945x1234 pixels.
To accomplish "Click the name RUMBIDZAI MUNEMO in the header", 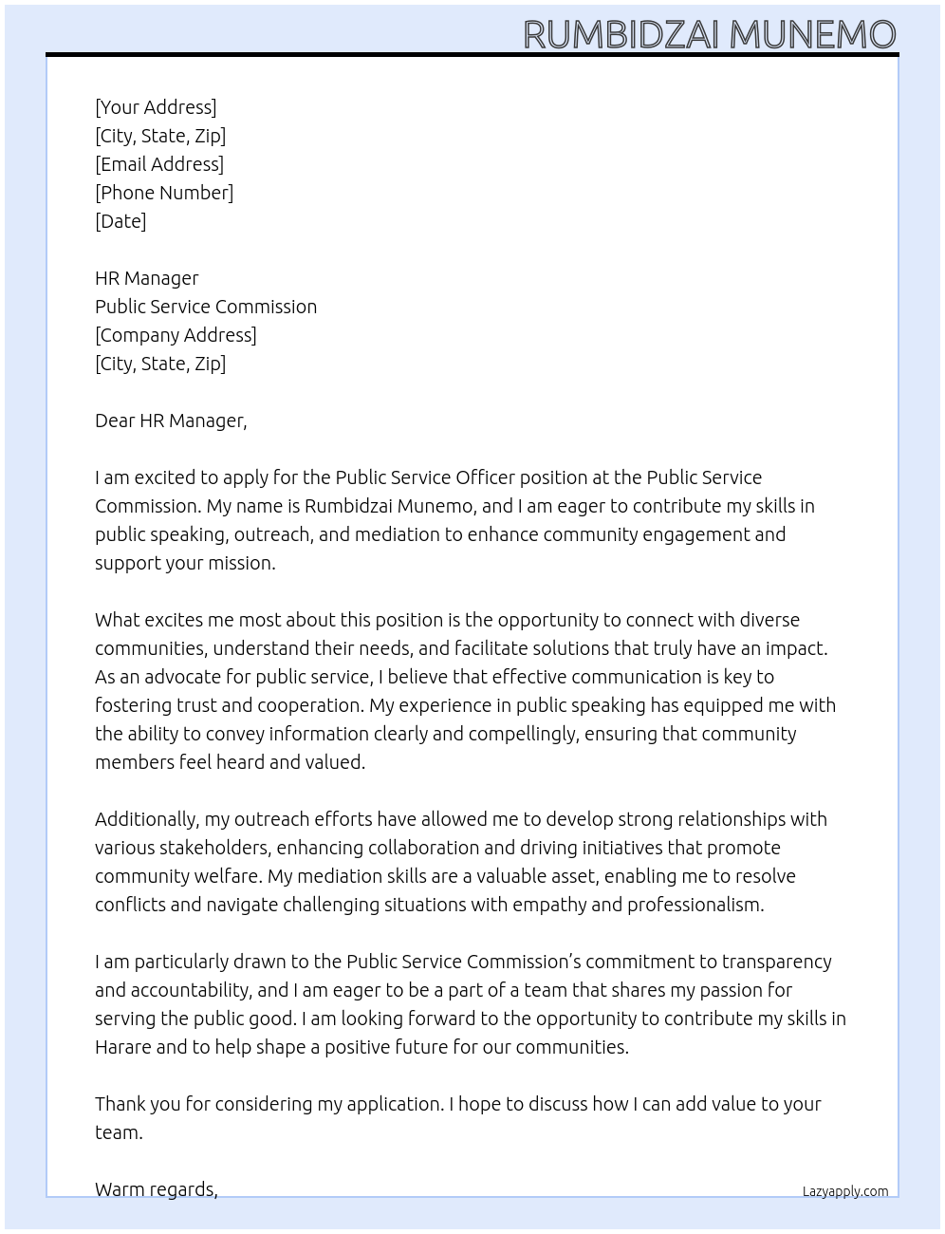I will (x=709, y=34).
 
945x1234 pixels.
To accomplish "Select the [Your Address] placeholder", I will (x=156, y=107).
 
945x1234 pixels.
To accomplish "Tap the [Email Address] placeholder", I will (x=159, y=164).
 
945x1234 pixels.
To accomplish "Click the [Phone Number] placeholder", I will (x=164, y=193).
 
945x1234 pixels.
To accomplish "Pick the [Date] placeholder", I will (x=120, y=221).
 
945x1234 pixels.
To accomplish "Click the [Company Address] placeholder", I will (x=176, y=335).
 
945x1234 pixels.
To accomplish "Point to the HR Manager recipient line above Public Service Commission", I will (x=147, y=278).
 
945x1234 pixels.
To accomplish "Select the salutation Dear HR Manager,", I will (x=171, y=421).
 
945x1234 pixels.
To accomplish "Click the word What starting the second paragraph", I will (x=117, y=620).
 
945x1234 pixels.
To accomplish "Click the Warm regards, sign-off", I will (x=157, y=1189).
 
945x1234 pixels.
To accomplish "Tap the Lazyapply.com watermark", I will (x=844, y=1191).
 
